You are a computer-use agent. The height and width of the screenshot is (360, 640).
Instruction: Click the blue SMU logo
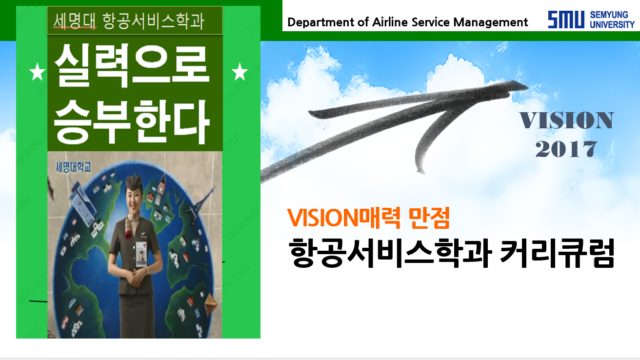pos(566,20)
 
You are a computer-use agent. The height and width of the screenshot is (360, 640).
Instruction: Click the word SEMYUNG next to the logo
pos(609,15)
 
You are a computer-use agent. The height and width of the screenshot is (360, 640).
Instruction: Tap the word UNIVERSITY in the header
pos(612,24)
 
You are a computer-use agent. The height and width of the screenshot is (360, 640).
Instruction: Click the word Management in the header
pos(491,22)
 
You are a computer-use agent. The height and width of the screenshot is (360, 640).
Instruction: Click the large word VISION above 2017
pos(566,120)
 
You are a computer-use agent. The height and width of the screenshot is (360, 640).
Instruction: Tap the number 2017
pos(566,149)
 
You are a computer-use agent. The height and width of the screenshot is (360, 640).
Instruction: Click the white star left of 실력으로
pos(38,72)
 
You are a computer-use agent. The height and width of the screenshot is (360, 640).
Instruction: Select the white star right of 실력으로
pos(240,72)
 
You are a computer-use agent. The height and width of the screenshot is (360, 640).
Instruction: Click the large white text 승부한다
pos(132,122)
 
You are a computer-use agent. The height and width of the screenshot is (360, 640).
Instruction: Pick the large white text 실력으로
pos(132,65)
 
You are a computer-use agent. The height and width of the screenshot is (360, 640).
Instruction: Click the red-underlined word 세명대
pos(75,21)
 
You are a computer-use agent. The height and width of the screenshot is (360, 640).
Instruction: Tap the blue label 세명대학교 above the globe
pos(74,167)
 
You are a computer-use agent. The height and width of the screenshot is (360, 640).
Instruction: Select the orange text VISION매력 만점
pos(369,218)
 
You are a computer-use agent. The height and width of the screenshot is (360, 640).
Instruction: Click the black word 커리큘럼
pos(558,253)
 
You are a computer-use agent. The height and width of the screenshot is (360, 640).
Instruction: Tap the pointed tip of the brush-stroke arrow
pos(528,86)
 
